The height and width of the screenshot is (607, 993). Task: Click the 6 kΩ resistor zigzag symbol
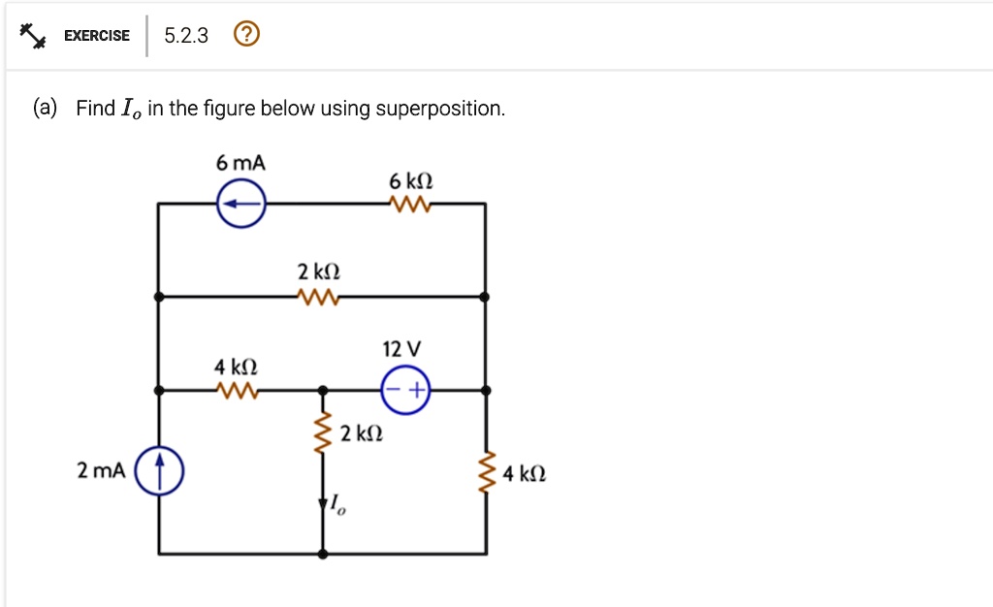pos(410,205)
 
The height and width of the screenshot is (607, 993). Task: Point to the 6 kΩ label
pos(411,181)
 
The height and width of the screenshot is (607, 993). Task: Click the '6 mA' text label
pos(240,163)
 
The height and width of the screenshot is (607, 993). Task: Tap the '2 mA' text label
pos(101,471)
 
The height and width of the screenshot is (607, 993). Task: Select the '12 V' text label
pos(401,349)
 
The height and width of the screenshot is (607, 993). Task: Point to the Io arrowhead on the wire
pos(323,503)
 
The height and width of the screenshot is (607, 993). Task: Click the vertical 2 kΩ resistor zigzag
pos(323,432)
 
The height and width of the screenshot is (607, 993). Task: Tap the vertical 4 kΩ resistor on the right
pos(487,472)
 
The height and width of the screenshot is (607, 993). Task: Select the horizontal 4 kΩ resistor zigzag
pos(237,391)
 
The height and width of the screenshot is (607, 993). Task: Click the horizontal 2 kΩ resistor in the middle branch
pos(318,297)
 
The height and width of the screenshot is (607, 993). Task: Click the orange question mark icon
pos(246,34)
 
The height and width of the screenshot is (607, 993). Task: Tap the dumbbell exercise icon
pos(32,36)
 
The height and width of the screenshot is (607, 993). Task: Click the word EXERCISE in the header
pos(97,36)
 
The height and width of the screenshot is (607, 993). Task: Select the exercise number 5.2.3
pos(186,36)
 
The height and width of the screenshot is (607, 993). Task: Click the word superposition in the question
pos(439,109)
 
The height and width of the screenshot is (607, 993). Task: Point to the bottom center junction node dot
pos(323,554)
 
